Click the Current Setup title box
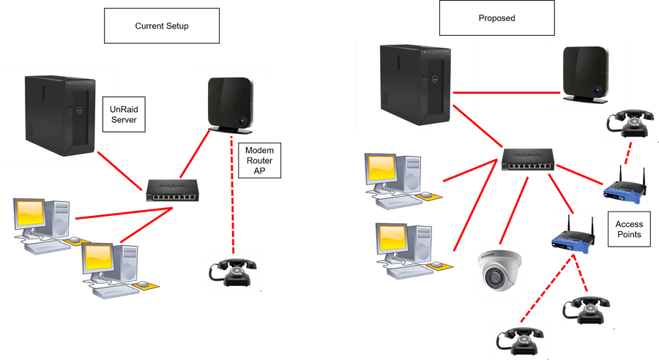(x=162, y=26)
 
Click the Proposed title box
(x=496, y=18)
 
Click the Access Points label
(x=628, y=230)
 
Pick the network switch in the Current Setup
(x=172, y=190)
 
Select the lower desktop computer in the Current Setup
(x=109, y=267)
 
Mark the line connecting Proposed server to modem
(x=506, y=93)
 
